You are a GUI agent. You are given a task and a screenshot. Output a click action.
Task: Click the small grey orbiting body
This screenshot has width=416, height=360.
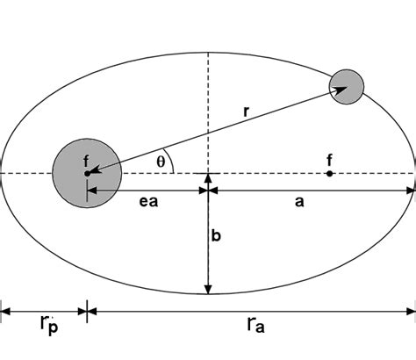click(x=346, y=85)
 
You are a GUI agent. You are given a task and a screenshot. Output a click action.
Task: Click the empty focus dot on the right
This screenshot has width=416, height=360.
click(x=329, y=174)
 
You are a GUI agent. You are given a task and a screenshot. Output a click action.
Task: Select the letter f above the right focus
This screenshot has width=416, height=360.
click(x=329, y=160)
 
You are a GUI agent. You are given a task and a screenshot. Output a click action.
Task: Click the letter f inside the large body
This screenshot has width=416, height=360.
click(x=85, y=161)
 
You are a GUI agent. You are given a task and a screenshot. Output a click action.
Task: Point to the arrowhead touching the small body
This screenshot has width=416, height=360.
click(x=338, y=88)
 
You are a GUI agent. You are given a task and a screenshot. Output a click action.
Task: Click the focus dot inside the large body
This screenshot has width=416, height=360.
click(x=87, y=174)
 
